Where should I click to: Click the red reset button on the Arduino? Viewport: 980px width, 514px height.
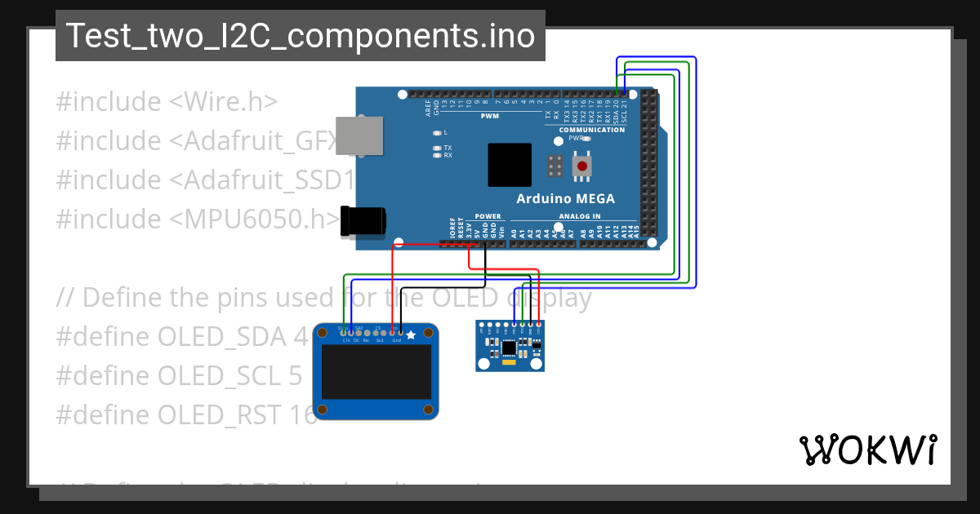(582, 166)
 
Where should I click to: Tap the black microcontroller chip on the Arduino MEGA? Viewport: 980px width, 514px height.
(510, 165)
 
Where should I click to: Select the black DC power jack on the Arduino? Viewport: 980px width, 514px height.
(363, 222)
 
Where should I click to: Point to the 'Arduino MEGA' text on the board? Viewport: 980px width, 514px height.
(565, 199)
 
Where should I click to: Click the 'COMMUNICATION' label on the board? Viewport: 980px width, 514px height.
(592, 130)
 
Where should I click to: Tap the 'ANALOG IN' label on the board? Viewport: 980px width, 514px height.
(580, 216)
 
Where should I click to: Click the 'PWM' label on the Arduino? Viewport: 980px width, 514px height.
(490, 116)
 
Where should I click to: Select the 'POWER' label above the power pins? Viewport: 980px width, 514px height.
(488, 216)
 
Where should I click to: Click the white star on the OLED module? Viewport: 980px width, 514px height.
(411, 335)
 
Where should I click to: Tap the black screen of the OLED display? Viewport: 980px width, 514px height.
(376, 371)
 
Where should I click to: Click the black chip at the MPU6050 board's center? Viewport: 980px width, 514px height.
(510, 348)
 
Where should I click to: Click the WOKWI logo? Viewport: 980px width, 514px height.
(867, 450)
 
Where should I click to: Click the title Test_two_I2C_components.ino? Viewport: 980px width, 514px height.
(300, 36)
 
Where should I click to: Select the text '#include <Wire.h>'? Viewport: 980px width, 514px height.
(167, 102)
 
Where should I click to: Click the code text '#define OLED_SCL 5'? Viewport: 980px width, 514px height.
(179, 375)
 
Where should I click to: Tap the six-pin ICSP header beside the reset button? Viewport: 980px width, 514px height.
(555, 166)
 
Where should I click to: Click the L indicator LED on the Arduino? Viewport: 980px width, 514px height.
(437, 132)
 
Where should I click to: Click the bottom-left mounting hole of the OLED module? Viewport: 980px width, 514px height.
(323, 409)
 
